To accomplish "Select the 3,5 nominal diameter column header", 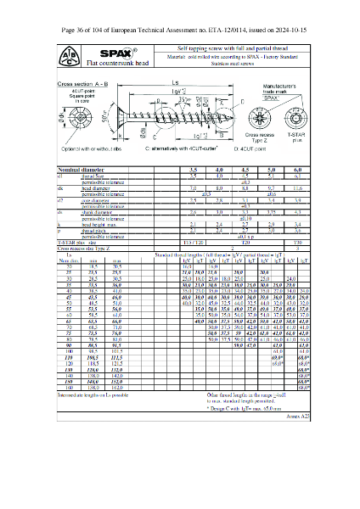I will coord(193,171).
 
